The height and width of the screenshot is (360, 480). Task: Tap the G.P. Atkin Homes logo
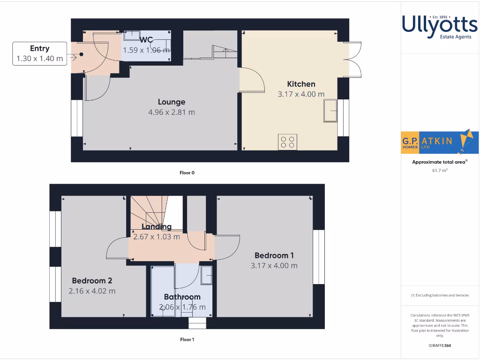tap(440, 141)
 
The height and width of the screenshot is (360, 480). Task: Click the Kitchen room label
tap(301, 84)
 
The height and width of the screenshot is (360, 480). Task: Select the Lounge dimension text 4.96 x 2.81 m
tap(172, 112)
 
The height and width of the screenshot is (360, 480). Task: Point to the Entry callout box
tap(39, 53)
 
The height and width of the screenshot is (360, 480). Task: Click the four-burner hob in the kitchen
tap(287, 142)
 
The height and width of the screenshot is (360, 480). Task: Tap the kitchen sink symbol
tap(330, 111)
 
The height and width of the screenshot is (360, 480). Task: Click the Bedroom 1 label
tap(274, 255)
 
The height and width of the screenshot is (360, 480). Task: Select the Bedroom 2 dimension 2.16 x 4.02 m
tap(92, 291)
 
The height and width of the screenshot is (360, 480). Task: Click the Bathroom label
tap(182, 297)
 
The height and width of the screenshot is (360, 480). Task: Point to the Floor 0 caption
tap(187, 172)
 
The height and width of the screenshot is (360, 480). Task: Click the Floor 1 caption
tap(187, 339)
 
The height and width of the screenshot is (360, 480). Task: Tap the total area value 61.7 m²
tap(440, 171)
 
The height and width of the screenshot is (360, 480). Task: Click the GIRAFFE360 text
tap(440, 345)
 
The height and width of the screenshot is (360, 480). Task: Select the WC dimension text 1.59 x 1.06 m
tap(146, 50)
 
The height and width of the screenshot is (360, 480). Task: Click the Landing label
tap(157, 227)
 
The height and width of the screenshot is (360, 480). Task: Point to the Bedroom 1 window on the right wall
tap(319, 257)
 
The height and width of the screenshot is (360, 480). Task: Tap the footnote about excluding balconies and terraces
tap(440, 295)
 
